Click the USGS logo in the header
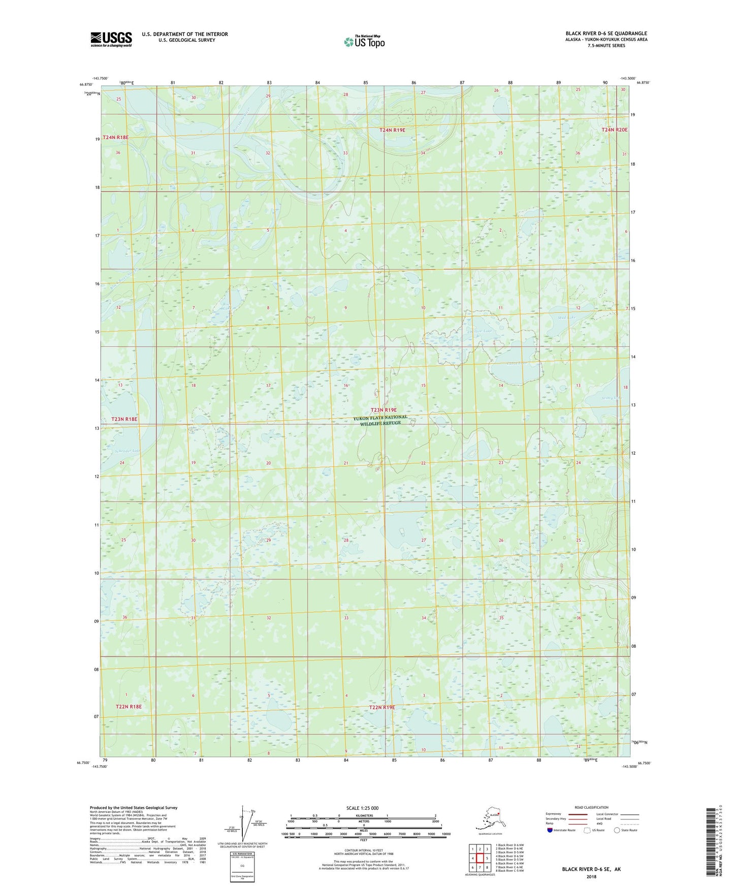tap(111, 39)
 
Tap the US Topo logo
tap(364, 42)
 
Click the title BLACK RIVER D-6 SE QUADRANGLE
tap(606, 34)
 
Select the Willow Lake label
tap(481, 331)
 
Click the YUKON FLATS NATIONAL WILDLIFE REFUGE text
tap(380, 420)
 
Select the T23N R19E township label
tap(383, 409)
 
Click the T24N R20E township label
tap(614, 130)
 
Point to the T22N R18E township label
tap(129, 707)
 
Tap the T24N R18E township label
tap(116, 138)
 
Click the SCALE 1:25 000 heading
tap(362, 808)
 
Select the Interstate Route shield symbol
tap(550, 830)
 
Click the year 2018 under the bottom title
tap(591, 876)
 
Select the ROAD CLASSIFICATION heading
tap(591, 807)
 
